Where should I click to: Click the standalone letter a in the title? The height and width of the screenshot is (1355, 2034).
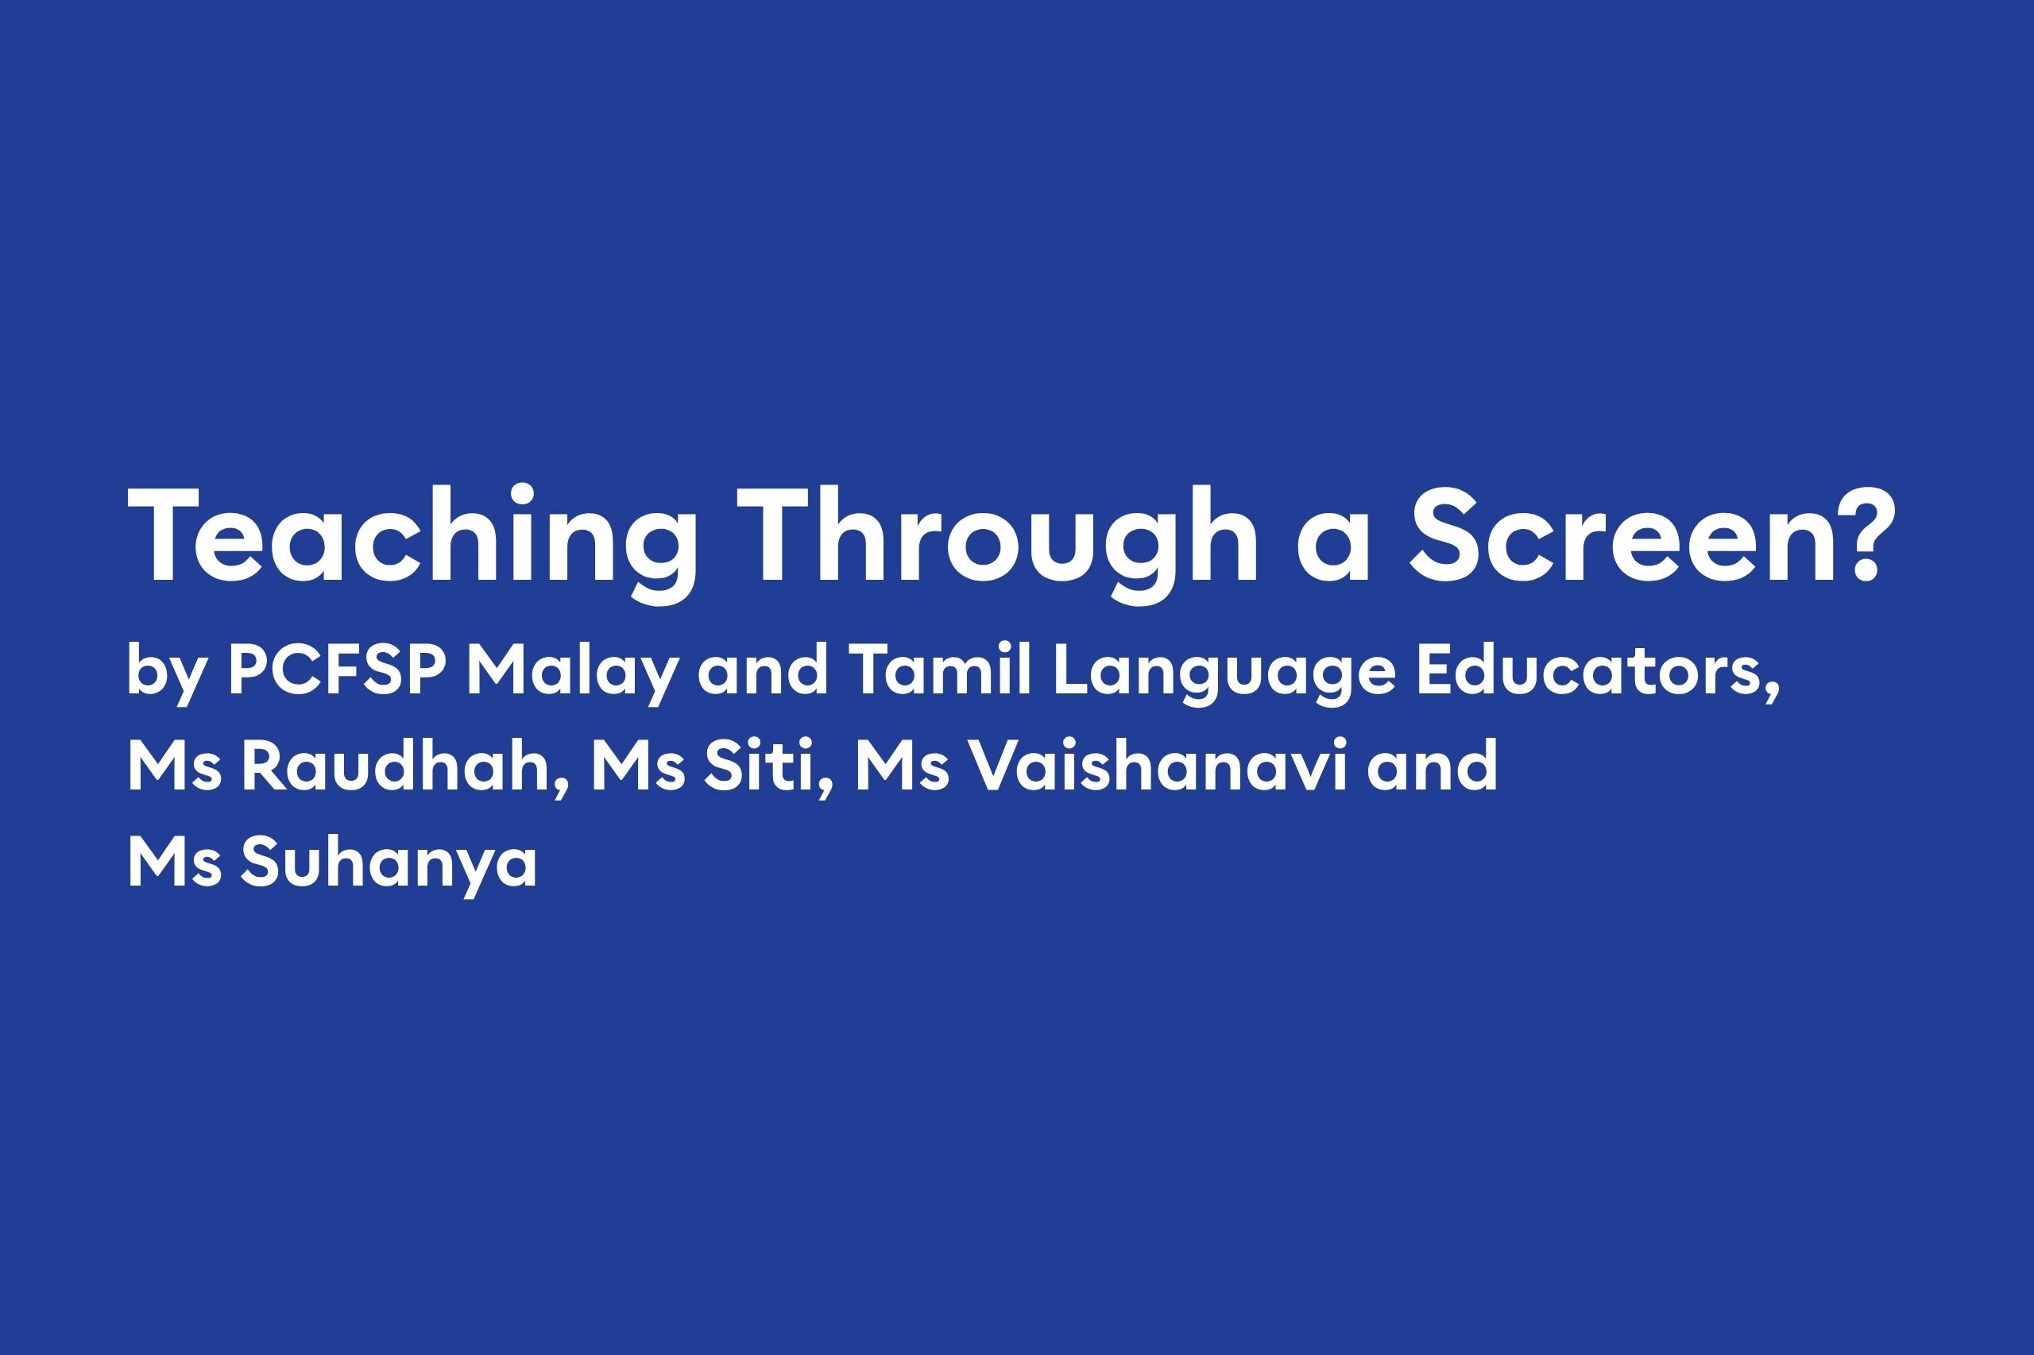pyautogui.click(x=1334, y=547)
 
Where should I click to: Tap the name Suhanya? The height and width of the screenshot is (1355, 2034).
pyautogui.click(x=389, y=864)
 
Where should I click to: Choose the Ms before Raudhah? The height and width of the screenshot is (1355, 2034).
pyautogui.click(x=175, y=766)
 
